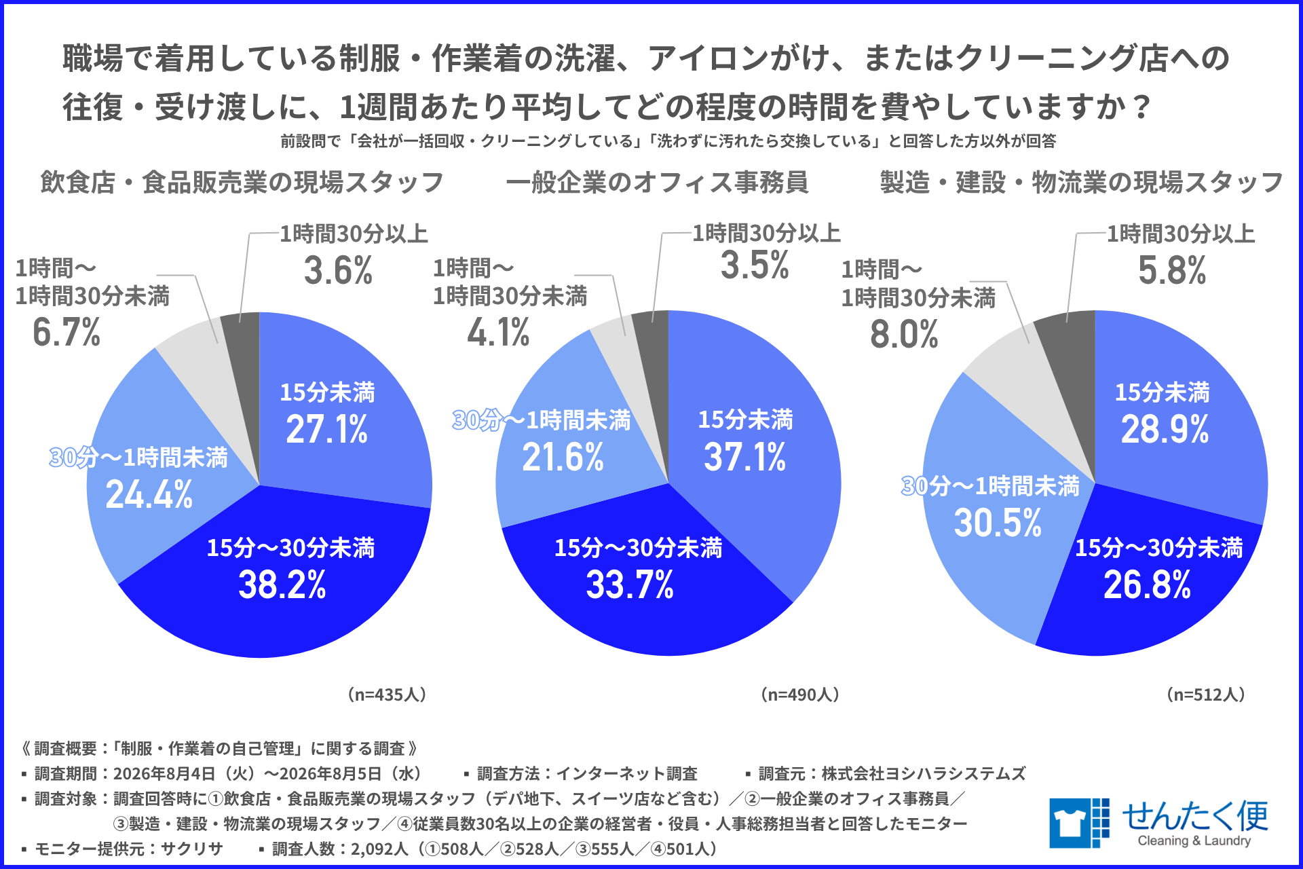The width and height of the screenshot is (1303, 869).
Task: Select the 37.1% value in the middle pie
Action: coord(744,456)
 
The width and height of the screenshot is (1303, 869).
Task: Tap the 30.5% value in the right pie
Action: coord(998,523)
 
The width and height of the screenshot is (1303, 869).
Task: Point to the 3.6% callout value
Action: coord(338,270)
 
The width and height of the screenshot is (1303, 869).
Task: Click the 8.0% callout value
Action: coord(904,334)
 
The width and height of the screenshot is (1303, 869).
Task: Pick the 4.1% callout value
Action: coord(498,333)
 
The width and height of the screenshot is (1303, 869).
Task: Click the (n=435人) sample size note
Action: coord(387,695)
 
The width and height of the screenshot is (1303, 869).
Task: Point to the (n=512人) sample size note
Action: coord(1206,695)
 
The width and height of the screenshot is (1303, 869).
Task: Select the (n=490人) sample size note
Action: coord(800,695)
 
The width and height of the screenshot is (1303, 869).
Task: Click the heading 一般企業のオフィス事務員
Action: coord(657,182)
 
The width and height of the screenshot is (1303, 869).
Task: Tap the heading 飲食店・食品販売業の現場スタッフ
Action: coord(242,182)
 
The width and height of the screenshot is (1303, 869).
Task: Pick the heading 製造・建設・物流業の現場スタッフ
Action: coord(1081,182)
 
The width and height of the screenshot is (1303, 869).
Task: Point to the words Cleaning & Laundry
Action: coord(1194,840)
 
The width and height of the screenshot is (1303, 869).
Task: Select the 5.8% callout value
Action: coord(1172,270)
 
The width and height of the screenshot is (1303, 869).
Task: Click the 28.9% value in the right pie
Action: coord(1165,429)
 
